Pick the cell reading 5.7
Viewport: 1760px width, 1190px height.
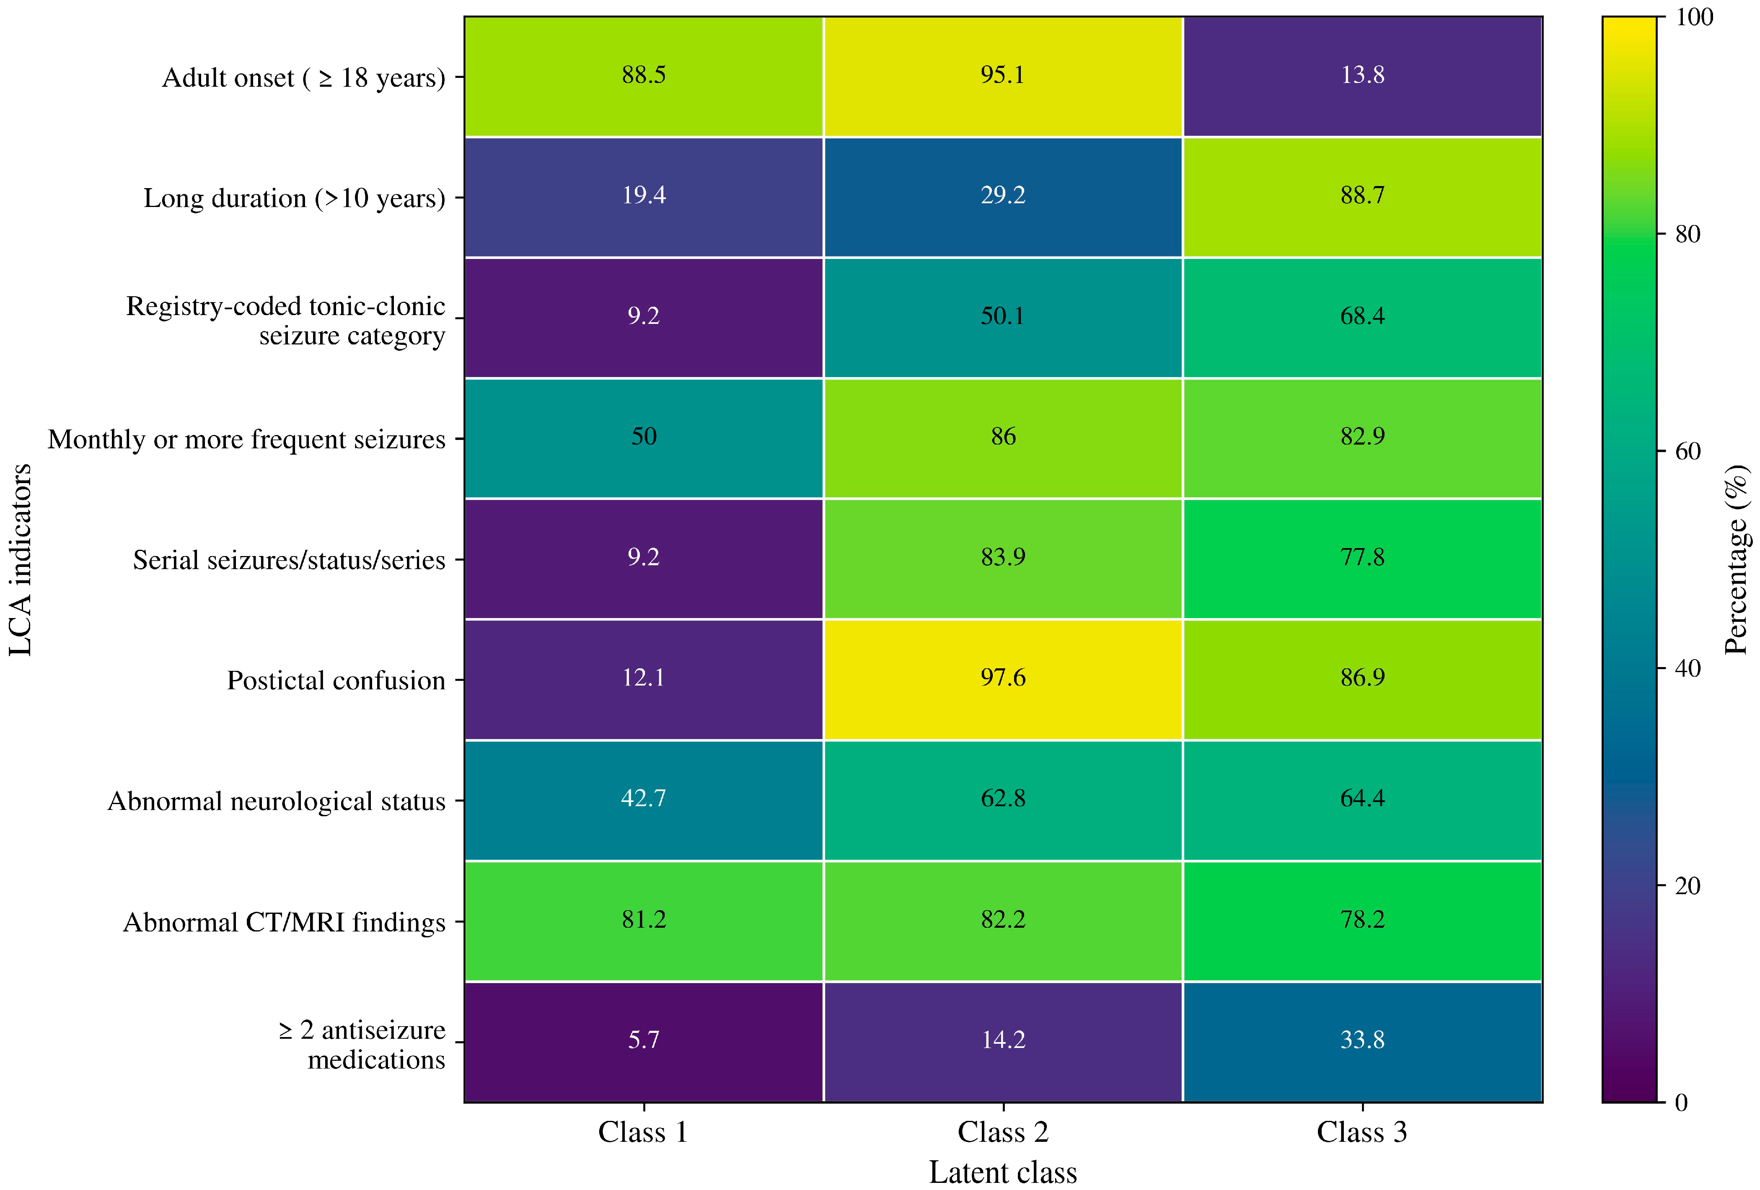[x=644, y=1042]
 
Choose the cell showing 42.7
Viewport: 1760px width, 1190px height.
[x=644, y=800]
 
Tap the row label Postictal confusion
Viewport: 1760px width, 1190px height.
[x=336, y=680]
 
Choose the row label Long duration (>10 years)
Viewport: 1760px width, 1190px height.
[x=295, y=199]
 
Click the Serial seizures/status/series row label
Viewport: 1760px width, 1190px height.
[x=289, y=560]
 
